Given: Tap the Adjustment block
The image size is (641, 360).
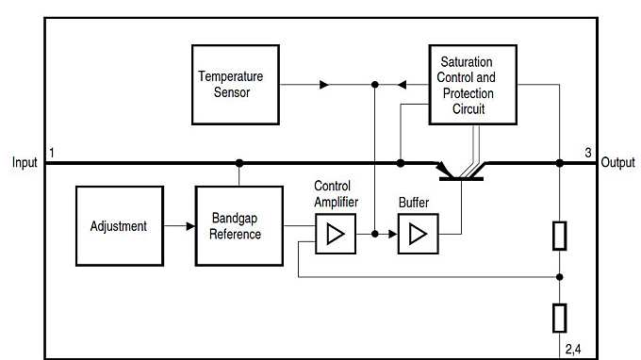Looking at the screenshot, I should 118,226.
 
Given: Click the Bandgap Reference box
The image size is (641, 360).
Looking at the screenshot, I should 239,226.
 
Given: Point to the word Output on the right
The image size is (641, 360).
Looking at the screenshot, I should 619,162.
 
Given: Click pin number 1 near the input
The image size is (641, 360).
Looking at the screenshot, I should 53,153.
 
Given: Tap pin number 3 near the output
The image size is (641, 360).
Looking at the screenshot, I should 587,153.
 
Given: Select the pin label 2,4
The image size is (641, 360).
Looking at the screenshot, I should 573,349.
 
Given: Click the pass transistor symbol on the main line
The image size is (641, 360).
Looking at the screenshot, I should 462,171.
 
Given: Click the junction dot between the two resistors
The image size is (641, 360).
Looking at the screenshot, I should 560,278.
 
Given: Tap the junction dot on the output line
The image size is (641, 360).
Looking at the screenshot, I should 560,163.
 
